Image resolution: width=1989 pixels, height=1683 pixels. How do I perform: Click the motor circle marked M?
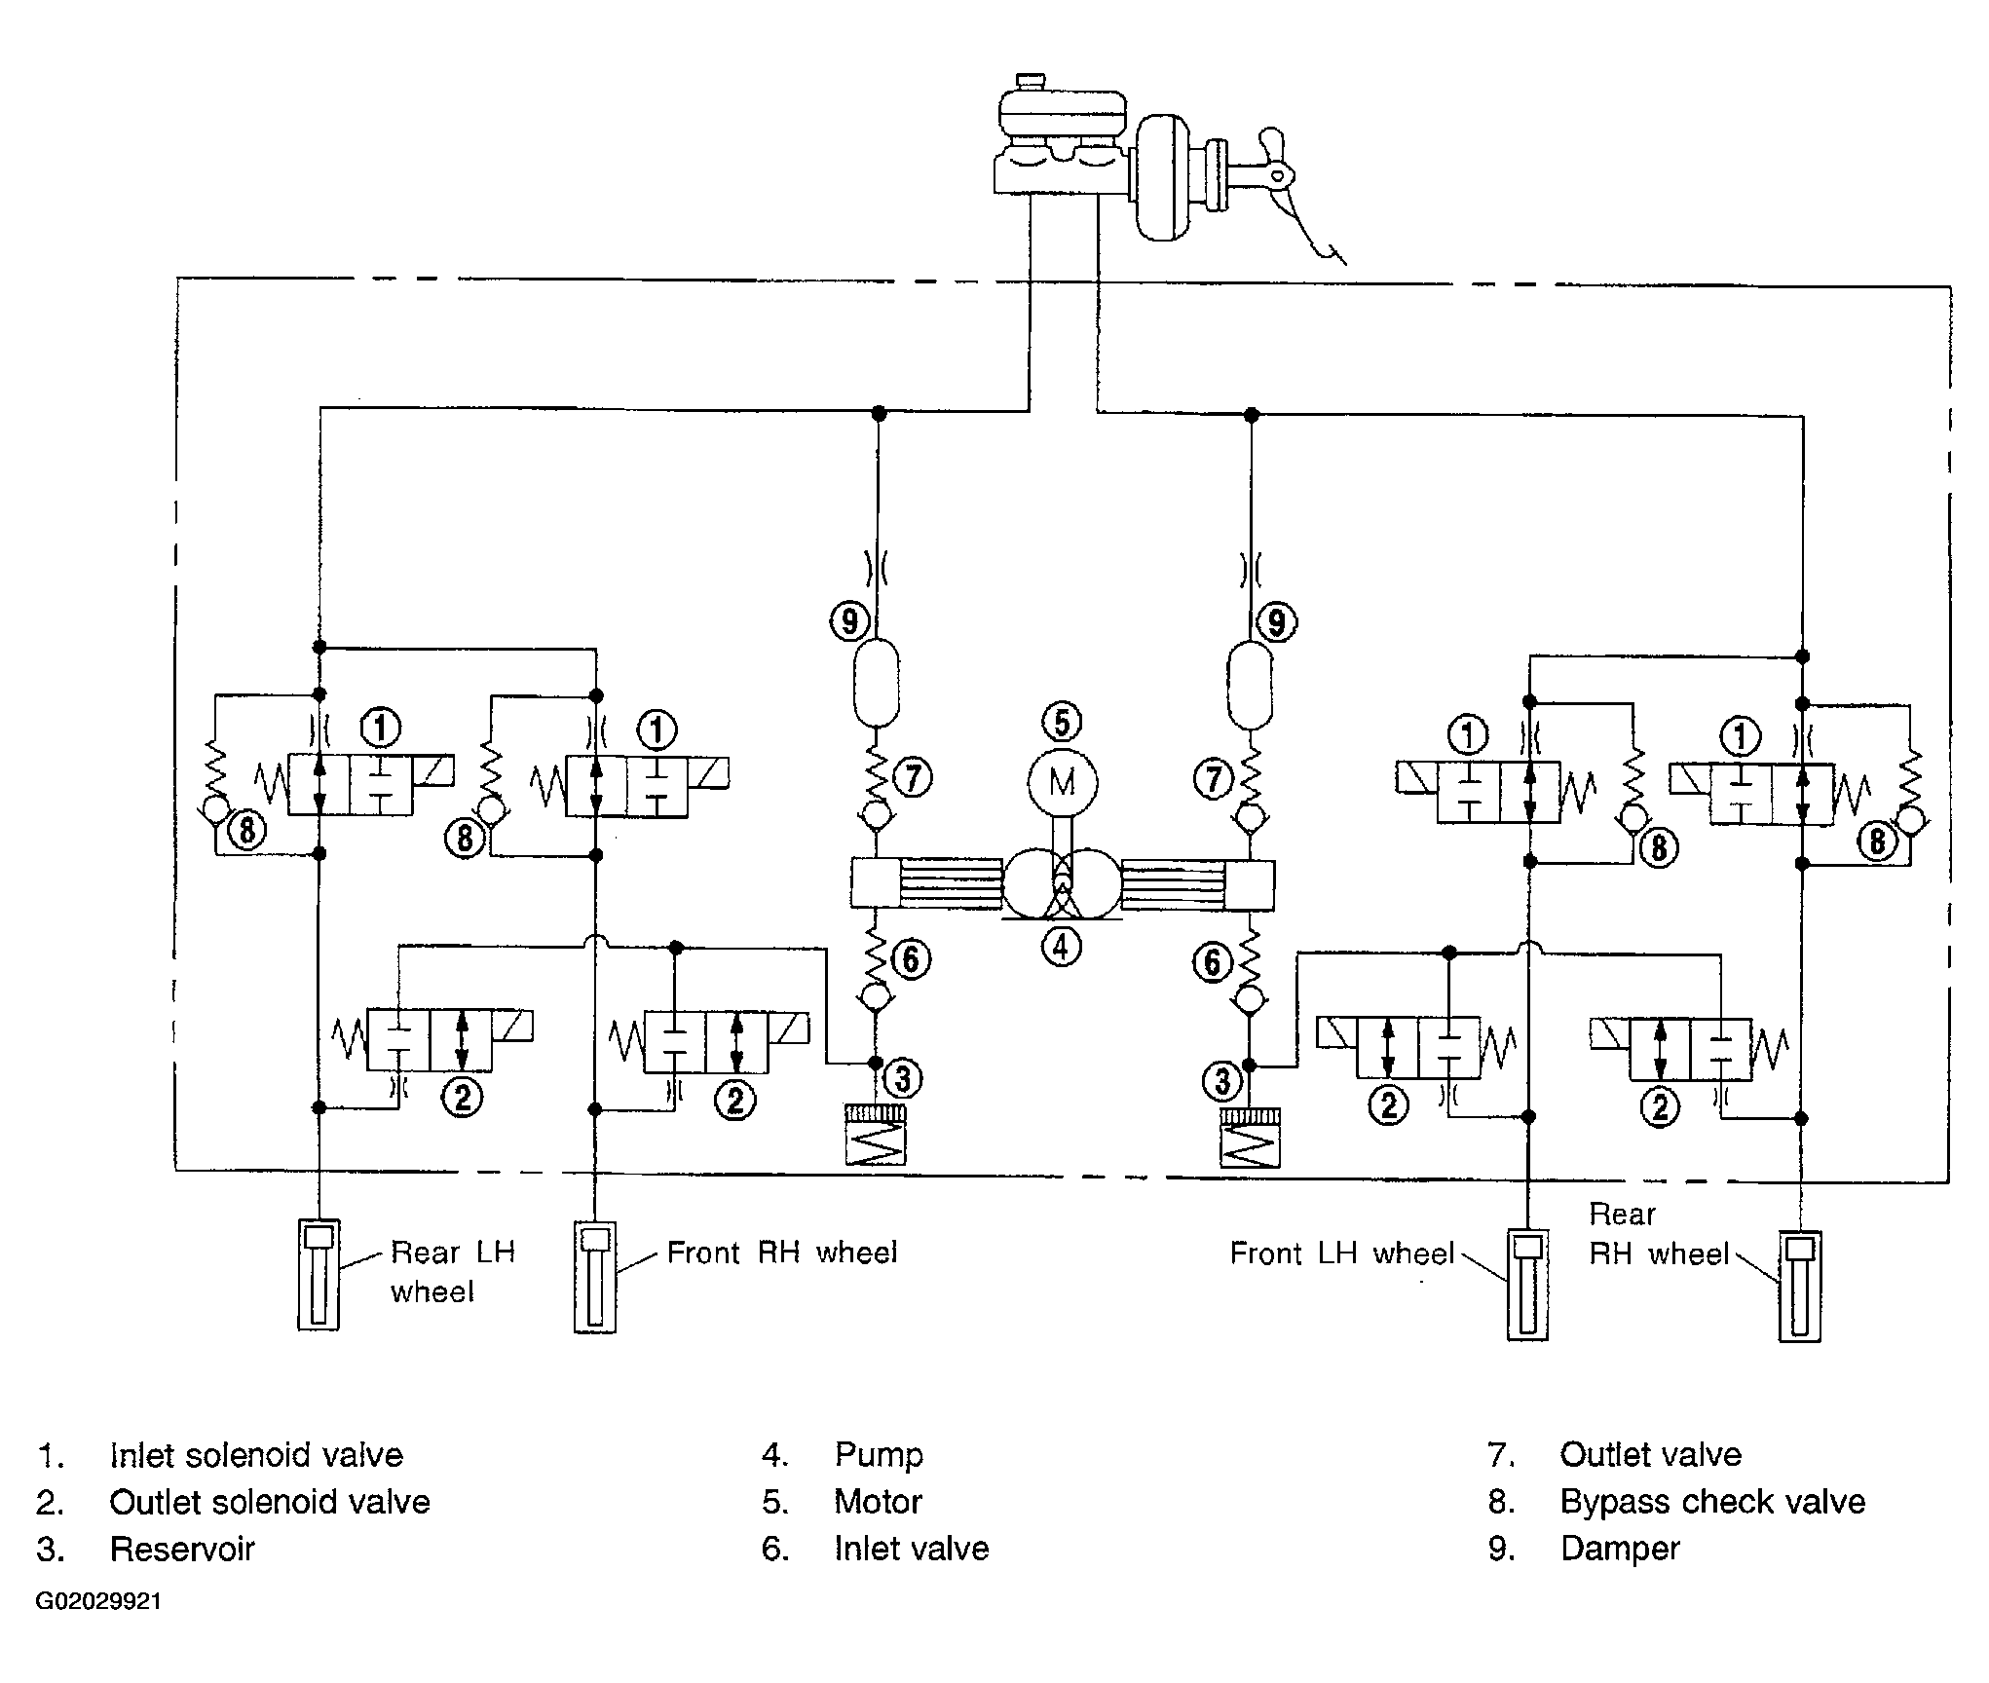pos(1063,782)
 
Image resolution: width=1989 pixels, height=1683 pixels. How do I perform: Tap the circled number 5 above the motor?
pos(1062,722)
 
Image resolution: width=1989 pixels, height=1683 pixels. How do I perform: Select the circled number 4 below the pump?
pos(1061,946)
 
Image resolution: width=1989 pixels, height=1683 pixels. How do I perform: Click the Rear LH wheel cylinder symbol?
pos(319,1274)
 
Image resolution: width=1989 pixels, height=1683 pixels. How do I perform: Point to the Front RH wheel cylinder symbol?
pos(595,1277)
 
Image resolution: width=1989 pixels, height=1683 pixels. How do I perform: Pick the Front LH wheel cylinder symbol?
pos(1527,1286)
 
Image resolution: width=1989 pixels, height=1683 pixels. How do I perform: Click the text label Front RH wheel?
pos(781,1253)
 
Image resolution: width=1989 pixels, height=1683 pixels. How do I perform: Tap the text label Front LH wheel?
pos(1342,1253)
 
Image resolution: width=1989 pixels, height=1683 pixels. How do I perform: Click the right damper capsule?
pos(1250,684)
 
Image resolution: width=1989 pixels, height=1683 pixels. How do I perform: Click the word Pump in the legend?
pos(879,1456)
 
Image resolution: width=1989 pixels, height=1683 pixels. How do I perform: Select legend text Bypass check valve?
pos(1712,1502)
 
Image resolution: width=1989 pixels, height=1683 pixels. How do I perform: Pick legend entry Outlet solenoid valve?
pos(270,1502)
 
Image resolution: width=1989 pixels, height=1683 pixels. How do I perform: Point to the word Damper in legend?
pos(1620,1549)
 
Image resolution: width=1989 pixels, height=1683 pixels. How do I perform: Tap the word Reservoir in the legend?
pos(182,1549)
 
